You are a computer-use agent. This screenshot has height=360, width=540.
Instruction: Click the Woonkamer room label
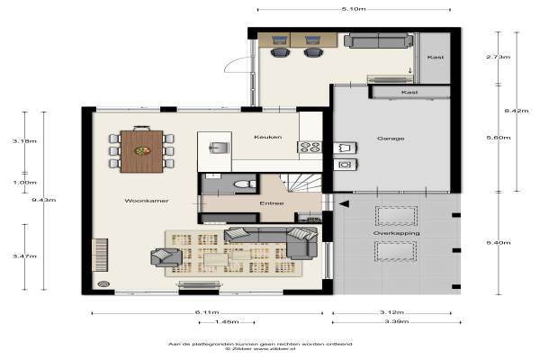[147, 201]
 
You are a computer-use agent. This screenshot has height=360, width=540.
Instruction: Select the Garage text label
[391, 139]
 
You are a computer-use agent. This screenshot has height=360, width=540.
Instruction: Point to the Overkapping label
[396, 233]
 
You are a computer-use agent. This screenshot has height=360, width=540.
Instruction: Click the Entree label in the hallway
[272, 203]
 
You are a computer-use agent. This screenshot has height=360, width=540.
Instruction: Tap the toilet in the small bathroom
[245, 184]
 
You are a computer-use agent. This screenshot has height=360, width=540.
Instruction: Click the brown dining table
[142, 151]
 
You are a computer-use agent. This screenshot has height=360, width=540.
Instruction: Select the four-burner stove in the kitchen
[310, 147]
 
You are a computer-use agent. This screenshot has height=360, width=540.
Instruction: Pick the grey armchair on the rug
[166, 257]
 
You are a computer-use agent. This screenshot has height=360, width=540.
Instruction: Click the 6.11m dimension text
[207, 312]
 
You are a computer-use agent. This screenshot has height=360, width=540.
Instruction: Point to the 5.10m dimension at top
[354, 9]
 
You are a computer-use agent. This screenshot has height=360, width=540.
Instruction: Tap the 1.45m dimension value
[227, 322]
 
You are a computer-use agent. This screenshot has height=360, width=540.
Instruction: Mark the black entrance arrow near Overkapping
[344, 204]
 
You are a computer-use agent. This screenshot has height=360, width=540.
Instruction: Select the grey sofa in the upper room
[379, 40]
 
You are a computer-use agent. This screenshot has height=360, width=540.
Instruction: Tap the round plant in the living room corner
[103, 283]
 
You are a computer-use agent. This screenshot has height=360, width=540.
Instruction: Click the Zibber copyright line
[260, 348]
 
